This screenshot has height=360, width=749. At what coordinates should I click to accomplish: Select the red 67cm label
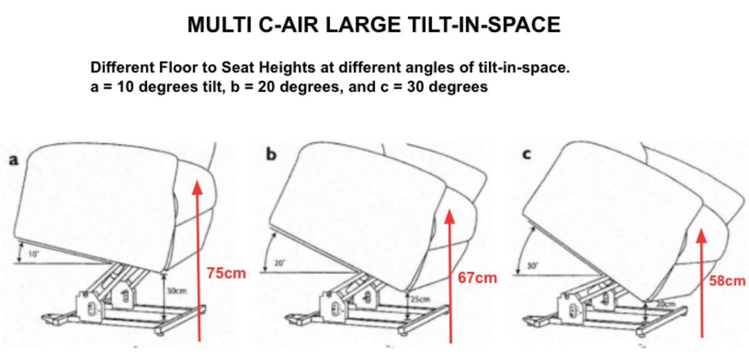coord(477,277)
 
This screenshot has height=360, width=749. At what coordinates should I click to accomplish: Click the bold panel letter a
coord(13,160)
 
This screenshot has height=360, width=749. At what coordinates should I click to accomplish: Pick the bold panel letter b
coord(271,154)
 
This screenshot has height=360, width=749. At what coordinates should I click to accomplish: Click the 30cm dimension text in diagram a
coord(177,291)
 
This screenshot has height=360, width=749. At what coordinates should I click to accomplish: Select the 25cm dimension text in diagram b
coord(421,299)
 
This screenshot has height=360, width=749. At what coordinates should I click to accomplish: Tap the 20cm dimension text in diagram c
coord(665,304)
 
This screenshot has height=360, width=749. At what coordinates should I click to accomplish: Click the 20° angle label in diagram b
coord(278,263)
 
